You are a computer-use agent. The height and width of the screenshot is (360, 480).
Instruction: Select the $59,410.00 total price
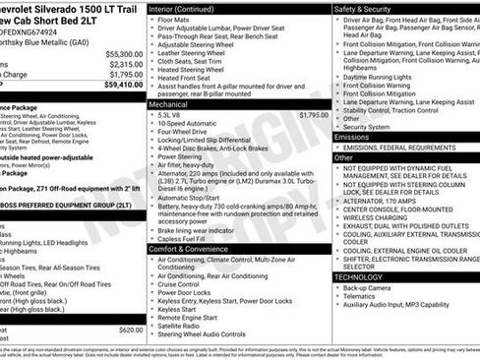(122, 85)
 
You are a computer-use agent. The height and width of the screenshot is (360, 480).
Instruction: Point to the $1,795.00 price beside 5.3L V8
(313, 115)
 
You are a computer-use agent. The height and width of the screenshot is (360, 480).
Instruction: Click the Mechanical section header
(169, 102)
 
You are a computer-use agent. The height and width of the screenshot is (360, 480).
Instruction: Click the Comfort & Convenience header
(189, 249)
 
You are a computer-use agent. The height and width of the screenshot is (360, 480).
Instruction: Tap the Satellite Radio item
(184, 326)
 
